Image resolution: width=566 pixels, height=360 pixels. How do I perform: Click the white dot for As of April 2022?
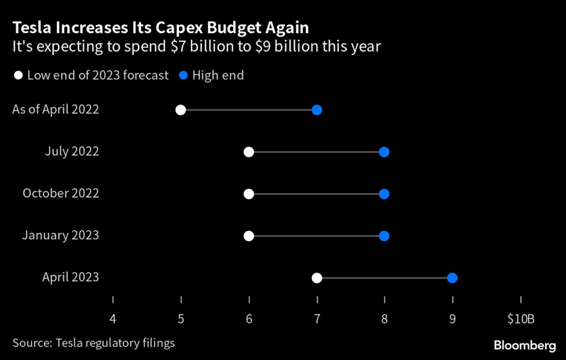tap(181, 109)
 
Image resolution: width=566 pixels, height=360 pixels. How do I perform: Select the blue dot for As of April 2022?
tap(317, 109)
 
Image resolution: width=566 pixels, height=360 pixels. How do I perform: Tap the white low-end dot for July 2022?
tap(249, 152)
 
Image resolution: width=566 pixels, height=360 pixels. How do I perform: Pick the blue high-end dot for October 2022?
tap(384, 194)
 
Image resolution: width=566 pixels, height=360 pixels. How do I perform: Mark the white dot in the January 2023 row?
tap(249, 236)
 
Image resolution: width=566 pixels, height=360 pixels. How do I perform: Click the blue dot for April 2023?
tap(452, 278)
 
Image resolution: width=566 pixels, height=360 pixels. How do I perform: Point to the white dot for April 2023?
tap(317, 278)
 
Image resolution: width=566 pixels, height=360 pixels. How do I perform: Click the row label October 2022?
tap(61, 194)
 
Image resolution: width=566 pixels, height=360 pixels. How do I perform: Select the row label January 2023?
tap(61, 236)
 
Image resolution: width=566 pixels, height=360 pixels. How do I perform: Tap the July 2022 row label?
tap(72, 152)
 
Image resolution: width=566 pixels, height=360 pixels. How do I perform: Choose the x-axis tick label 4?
tap(113, 319)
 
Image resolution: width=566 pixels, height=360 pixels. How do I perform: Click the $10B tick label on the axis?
tap(520, 319)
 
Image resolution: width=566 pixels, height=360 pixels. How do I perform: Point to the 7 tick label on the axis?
tap(317, 319)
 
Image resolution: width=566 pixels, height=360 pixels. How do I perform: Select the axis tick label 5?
tap(181, 319)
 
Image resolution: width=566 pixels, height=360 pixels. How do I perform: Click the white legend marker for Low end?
tap(19, 76)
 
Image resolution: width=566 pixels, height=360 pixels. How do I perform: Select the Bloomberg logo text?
tap(525, 346)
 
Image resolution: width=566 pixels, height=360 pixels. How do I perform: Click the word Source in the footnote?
tap(31, 343)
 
